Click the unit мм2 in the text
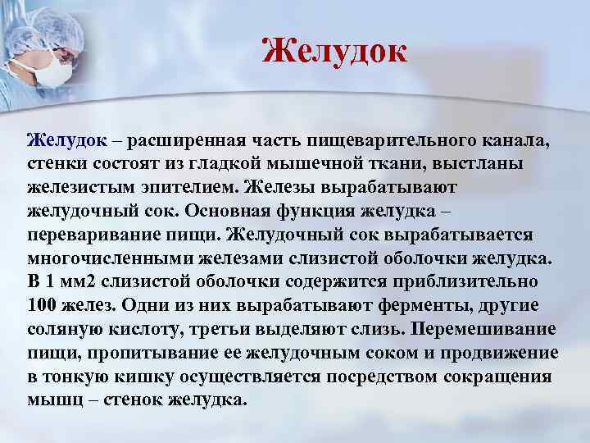tap(96, 281)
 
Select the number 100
tap(42, 305)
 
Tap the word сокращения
tap(497, 377)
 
